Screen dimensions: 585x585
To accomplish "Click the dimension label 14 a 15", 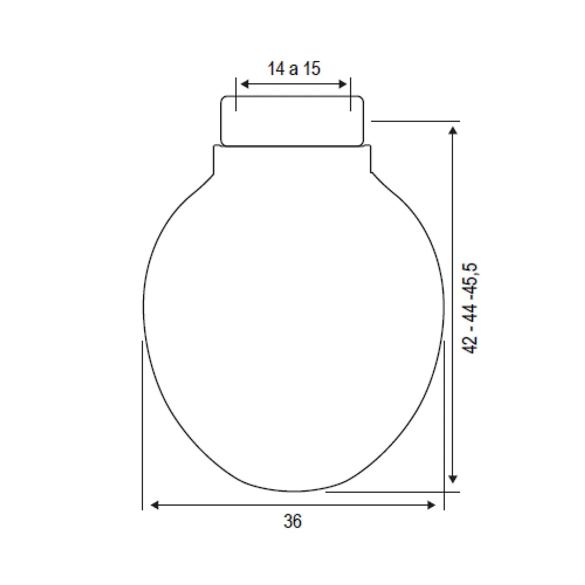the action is click(294, 68).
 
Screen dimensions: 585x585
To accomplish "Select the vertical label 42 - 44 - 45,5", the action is click(469, 308).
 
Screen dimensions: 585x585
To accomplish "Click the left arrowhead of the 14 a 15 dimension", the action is click(245, 84).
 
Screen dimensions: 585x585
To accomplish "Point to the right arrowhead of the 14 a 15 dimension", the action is click(343, 84).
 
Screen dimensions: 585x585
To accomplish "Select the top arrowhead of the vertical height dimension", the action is click(453, 130).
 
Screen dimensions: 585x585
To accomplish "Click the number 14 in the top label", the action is click(276, 68).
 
